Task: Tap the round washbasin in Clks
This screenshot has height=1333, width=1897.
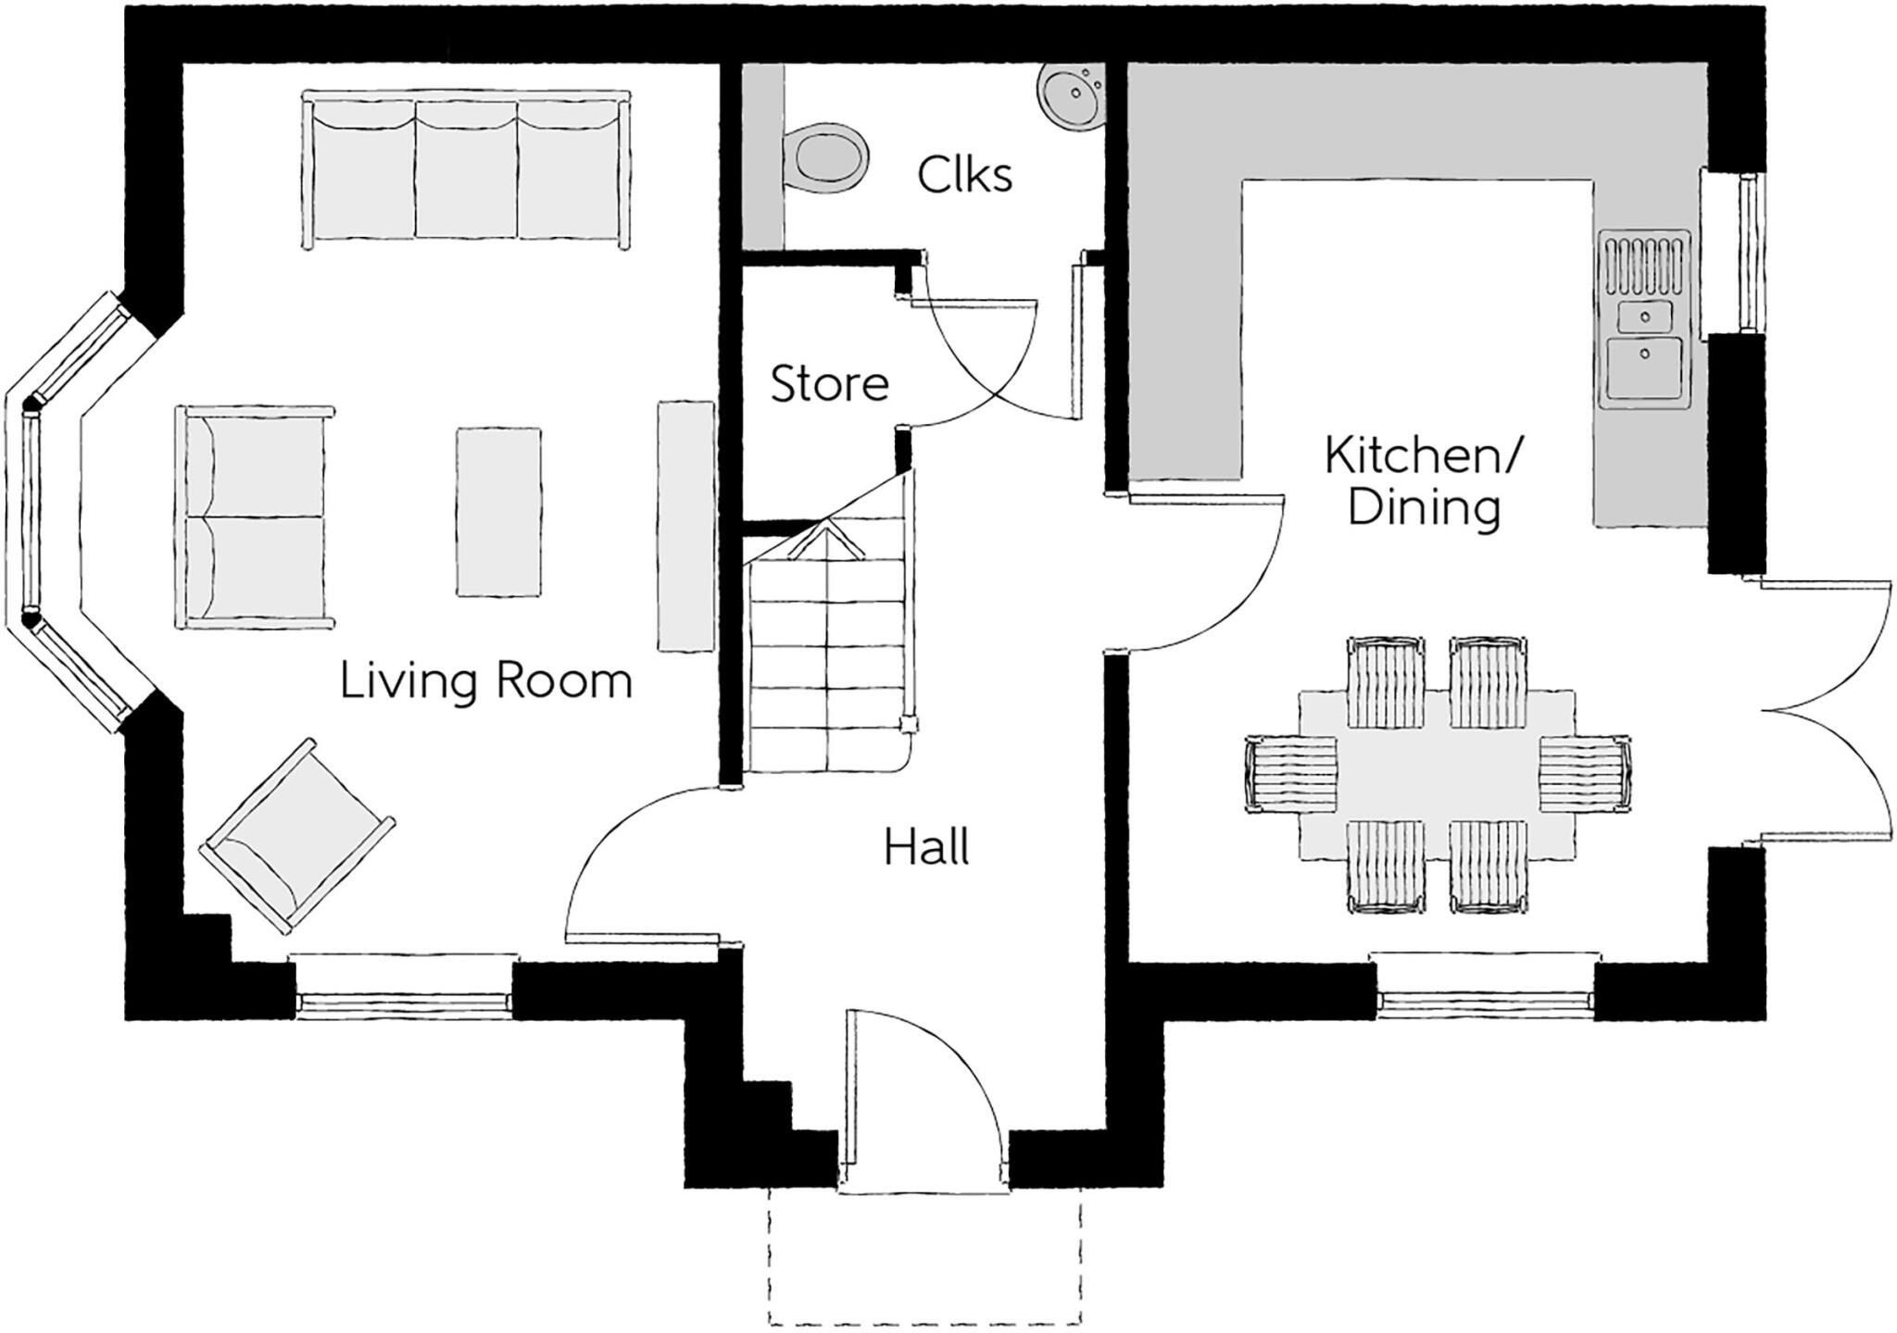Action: click(x=1073, y=93)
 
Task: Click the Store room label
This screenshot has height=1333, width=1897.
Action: click(x=829, y=383)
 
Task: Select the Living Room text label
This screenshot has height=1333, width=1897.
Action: click(x=485, y=681)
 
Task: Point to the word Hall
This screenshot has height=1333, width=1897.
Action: click(x=925, y=848)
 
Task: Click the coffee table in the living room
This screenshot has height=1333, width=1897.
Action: click(x=498, y=511)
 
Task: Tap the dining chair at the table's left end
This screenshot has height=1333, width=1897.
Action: click(x=1291, y=774)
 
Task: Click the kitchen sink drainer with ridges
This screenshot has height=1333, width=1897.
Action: click(x=1645, y=263)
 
